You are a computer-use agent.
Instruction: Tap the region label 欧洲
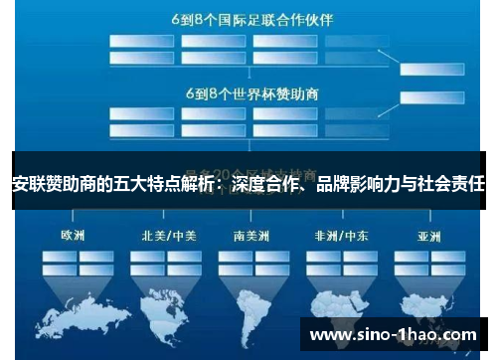(x=74, y=236)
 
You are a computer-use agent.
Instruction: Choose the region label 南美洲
(x=252, y=236)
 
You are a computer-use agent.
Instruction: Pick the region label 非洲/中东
(x=337, y=236)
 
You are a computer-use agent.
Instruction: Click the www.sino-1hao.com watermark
(x=395, y=336)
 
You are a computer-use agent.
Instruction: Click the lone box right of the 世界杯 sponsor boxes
(x=426, y=95)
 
